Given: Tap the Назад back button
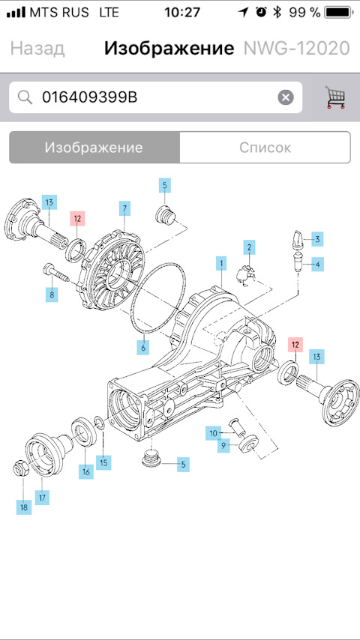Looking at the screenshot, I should (x=37, y=49).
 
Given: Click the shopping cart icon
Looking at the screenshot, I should (x=335, y=97).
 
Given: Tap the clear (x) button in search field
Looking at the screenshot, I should (x=286, y=97).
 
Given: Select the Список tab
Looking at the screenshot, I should (x=265, y=147).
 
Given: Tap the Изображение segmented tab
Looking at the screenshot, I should (x=94, y=147).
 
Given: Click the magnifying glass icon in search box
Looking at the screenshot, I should (x=25, y=97).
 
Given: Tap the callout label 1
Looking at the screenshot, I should (x=221, y=263).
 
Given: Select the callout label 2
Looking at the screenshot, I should (x=249, y=247).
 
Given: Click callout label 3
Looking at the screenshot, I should (x=317, y=239).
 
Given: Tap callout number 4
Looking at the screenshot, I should (x=317, y=264).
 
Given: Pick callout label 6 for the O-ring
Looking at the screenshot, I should (x=142, y=347).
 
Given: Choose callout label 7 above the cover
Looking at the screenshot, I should (x=124, y=207).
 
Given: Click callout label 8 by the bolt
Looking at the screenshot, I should (x=52, y=295).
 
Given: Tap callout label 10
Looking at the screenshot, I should (x=214, y=433).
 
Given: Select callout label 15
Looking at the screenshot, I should (x=103, y=462).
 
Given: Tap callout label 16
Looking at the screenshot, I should (x=86, y=472).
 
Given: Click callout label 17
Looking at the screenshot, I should (x=42, y=497).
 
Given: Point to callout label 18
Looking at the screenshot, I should (x=24, y=507).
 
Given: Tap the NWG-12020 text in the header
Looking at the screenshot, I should (x=296, y=49).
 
